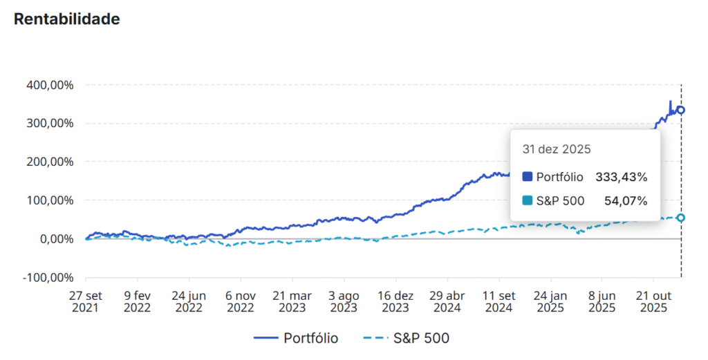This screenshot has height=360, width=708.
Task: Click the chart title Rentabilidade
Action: [67, 19]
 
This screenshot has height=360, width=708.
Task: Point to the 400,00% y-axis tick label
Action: [50, 85]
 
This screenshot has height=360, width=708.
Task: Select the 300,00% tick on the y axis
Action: [50, 124]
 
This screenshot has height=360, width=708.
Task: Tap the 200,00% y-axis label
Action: [50, 162]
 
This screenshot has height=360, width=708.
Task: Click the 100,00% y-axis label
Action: [50, 200]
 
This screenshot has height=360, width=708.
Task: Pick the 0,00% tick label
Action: [55, 239]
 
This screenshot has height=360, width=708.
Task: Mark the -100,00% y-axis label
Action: [48, 277]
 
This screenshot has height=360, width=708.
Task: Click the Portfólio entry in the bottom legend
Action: [297, 338]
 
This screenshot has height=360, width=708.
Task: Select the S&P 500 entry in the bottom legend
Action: [407, 338]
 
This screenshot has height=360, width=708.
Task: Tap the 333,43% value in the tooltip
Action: [622, 178]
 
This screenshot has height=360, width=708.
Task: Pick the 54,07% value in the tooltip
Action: [625, 201]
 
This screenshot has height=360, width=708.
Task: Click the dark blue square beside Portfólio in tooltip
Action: [528, 178]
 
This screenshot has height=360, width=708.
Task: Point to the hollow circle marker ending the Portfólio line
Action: [681, 110]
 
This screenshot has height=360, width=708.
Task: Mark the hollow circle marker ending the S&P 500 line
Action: [681, 218]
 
